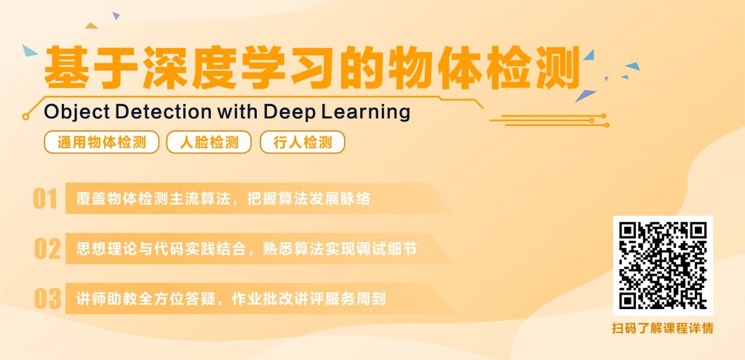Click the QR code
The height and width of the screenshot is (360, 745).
pyautogui.click(x=663, y=265)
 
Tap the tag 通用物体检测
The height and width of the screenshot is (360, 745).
pyautogui.click(x=102, y=142)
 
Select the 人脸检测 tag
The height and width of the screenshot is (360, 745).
pyautogui.click(x=209, y=142)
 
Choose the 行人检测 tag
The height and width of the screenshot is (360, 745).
pyautogui.click(x=302, y=142)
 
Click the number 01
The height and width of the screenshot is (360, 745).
pyautogui.click(x=45, y=199)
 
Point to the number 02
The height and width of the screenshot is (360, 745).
pyautogui.click(x=47, y=249)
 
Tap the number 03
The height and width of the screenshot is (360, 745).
pyautogui.click(x=47, y=299)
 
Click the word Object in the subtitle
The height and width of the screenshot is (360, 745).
pyautogui.click(x=76, y=113)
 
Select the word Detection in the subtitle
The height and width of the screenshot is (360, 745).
pyautogui.click(x=164, y=111)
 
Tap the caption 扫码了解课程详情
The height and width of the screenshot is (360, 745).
pyautogui.click(x=663, y=328)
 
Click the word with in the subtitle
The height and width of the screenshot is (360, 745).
pyautogui.click(x=238, y=111)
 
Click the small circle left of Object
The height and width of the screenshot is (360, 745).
pyautogui.click(x=25, y=116)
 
